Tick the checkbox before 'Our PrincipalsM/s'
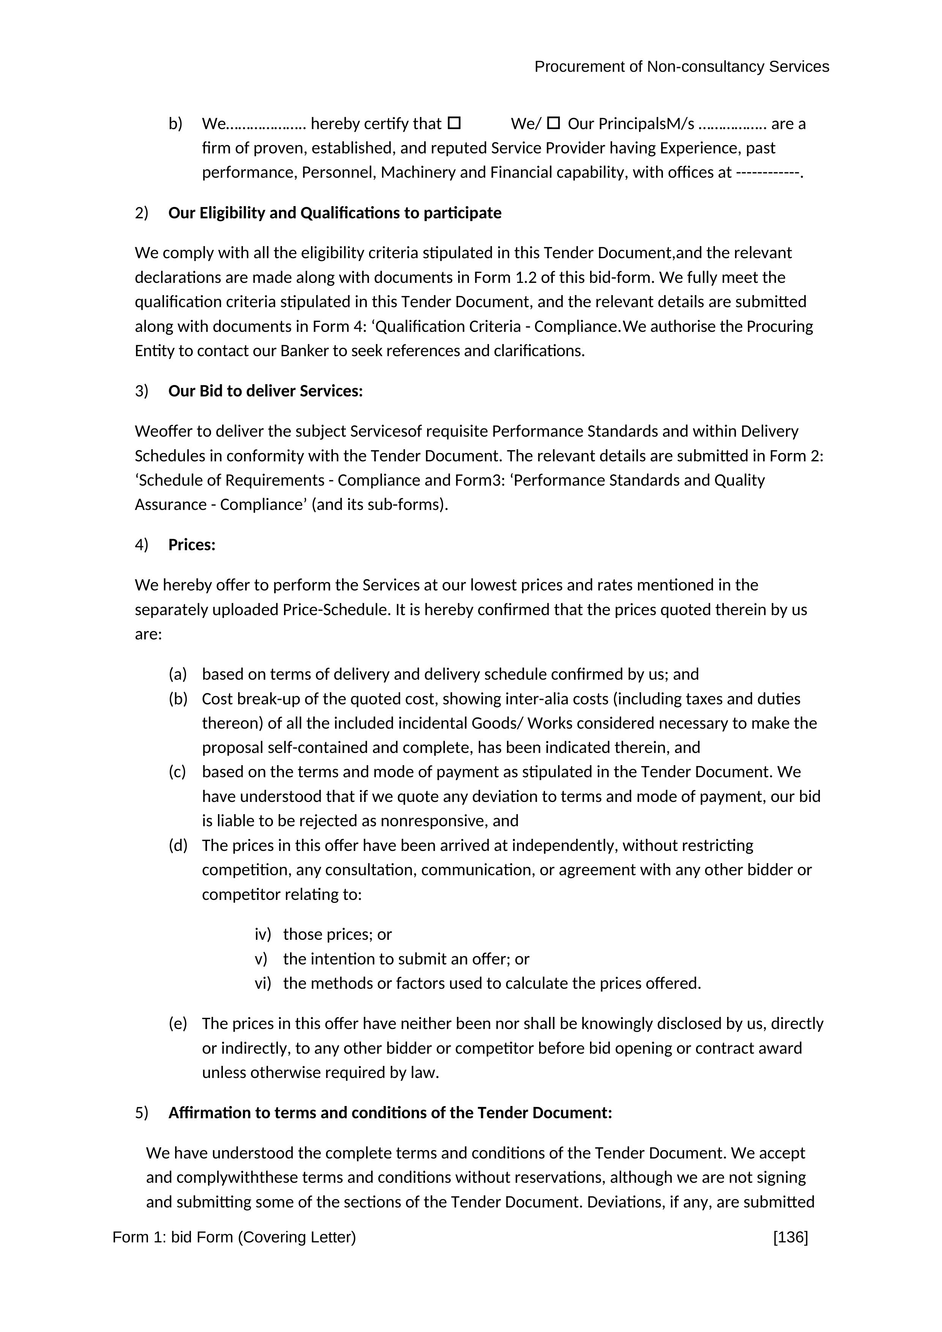coord(554,123)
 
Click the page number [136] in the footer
coord(790,1237)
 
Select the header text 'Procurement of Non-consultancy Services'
coord(682,67)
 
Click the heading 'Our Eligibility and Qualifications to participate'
coord(335,213)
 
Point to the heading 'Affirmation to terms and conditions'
coord(390,1113)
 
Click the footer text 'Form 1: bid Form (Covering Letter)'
coord(234,1237)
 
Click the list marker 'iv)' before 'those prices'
coord(262,934)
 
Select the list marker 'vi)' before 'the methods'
coord(262,983)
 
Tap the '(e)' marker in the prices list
coord(177,1023)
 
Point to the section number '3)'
coord(142,391)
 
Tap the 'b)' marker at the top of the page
coord(175,123)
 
